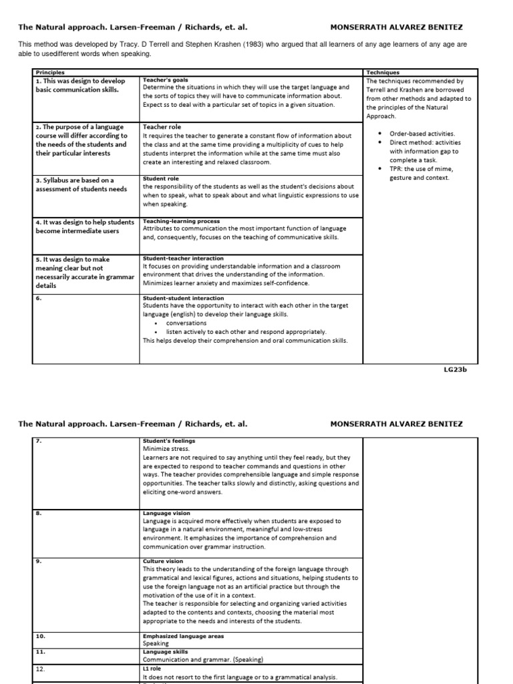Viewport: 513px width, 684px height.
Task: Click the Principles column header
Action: click(51, 72)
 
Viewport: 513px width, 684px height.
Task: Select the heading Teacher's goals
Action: click(165, 79)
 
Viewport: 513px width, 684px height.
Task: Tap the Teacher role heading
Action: click(162, 126)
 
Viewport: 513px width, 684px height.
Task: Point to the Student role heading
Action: click(161, 179)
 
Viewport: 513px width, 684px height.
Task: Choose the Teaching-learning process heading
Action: click(181, 221)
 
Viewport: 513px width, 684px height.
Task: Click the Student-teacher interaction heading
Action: click(183, 259)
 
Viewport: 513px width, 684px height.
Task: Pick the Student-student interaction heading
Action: click(184, 299)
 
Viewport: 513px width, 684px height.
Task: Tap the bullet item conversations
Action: click(186, 323)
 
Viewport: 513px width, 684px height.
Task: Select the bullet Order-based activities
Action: click(422, 134)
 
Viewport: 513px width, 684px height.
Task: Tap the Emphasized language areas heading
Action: click(184, 636)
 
